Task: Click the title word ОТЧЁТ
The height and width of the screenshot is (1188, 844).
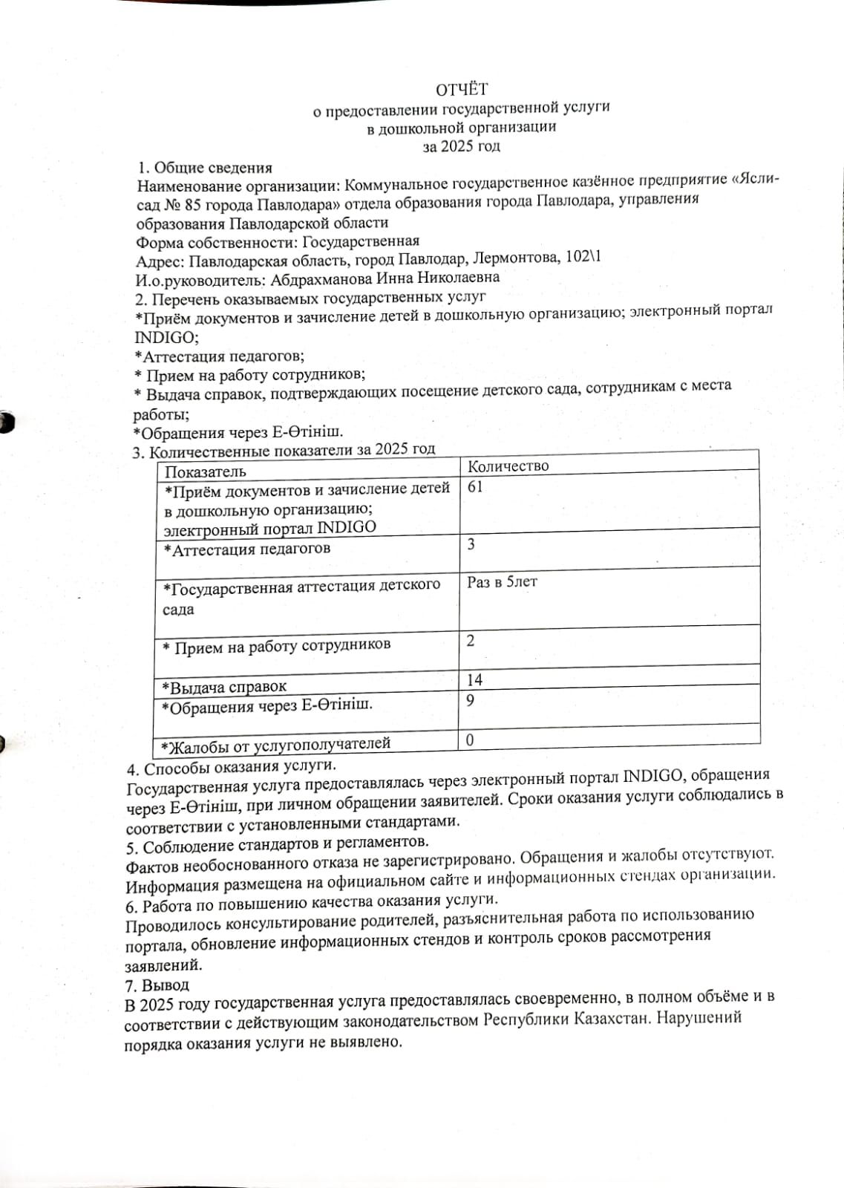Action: point(461,90)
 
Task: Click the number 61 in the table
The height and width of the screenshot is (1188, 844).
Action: point(475,487)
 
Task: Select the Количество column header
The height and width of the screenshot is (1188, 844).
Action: point(508,466)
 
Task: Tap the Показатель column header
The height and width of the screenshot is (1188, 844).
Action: point(205,472)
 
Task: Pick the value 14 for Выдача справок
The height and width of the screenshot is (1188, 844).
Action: point(474,679)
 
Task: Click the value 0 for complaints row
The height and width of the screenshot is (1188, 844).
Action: point(470,740)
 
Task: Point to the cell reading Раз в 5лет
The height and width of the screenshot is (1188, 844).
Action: point(502,582)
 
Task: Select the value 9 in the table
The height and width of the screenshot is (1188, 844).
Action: point(471,700)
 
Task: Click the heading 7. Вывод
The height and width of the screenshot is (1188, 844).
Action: point(157,985)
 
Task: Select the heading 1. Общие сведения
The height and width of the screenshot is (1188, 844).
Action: point(205,168)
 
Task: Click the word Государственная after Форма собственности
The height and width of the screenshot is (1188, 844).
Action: point(361,241)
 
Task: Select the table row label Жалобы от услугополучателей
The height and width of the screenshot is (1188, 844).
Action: point(272,743)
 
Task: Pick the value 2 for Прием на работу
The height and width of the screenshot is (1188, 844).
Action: point(471,640)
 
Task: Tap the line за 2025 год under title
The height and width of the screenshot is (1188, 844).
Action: point(461,146)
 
